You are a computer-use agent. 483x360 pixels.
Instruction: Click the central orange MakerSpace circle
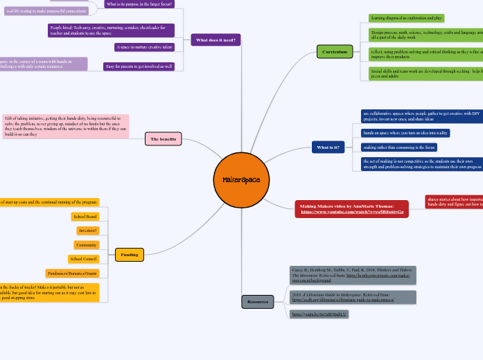coord(241,180)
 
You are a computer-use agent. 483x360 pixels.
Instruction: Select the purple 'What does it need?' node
coord(216,40)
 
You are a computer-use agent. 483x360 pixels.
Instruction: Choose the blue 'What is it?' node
coord(328,147)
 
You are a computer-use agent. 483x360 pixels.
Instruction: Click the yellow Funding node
coord(130,255)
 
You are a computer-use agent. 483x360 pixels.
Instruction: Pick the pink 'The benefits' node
coord(163,138)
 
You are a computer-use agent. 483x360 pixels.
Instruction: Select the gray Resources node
coord(257,302)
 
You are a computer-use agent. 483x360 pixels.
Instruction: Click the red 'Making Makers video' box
coord(351,209)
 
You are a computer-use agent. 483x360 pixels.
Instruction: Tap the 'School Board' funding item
coord(86,217)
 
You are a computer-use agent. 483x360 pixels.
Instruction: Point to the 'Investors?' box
coord(88,231)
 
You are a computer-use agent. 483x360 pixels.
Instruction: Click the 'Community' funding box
coord(87,245)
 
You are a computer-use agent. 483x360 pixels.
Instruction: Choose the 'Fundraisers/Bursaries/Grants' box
coord(72,273)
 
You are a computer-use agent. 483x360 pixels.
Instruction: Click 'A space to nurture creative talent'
coord(144,47)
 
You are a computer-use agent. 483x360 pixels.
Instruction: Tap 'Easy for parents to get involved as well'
coord(139,66)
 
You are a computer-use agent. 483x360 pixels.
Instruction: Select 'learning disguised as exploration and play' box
coord(406,18)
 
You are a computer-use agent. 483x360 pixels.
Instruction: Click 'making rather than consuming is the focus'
coord(399,147)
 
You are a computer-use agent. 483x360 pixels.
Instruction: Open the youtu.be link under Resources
coord(310,314)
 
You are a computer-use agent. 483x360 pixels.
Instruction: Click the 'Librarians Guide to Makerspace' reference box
coord(353,298)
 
